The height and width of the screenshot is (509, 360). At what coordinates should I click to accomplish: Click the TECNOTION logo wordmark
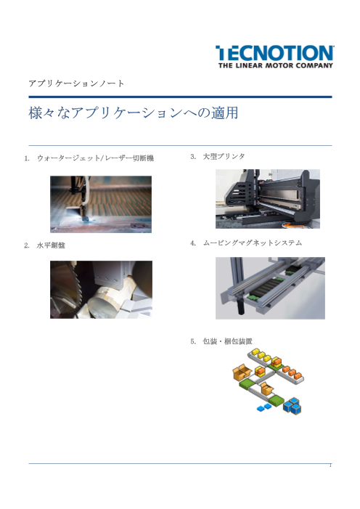click(x=274, y=53)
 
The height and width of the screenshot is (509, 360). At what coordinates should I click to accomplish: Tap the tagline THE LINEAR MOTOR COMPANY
click(x=276, y=65)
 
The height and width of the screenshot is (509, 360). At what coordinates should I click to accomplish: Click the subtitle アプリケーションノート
click(x=76, y=84)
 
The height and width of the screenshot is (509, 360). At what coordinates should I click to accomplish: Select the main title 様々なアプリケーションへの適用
click(x=134, y=113)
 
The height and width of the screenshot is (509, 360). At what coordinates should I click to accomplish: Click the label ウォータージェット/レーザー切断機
click(x=95, y=158)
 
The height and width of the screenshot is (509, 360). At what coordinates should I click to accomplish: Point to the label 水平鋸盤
click(x=51, y=245)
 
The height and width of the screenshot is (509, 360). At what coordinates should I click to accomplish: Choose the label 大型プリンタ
click(x=224, y=156)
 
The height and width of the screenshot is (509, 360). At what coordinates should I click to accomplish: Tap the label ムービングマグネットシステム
click(x=253, y=243)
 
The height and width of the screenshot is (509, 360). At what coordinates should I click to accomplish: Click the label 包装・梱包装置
click(x=228, y=341)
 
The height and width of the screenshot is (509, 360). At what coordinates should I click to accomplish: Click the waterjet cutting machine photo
click(x=101, y=204)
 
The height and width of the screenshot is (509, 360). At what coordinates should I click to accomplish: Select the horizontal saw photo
click(x=101, y=290)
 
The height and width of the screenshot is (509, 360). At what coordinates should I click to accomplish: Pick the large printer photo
click(x=268, y=199)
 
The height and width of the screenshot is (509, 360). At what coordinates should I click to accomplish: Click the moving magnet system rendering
click(x=270, y=288)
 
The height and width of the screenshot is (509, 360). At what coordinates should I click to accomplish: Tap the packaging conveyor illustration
click(x=269, y=381)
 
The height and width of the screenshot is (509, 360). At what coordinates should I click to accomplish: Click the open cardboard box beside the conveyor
click(x=242, y=372)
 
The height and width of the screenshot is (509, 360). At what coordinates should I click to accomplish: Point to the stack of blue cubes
click(x=292, y=406)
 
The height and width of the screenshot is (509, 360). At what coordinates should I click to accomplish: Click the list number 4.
click(x=193, y=243)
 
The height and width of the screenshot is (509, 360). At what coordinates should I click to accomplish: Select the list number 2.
click(x=27, y=245)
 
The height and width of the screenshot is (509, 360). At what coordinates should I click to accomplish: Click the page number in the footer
click(x=330, y=465)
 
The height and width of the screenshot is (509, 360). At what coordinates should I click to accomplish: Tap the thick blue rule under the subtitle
click(x=180, y=97)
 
